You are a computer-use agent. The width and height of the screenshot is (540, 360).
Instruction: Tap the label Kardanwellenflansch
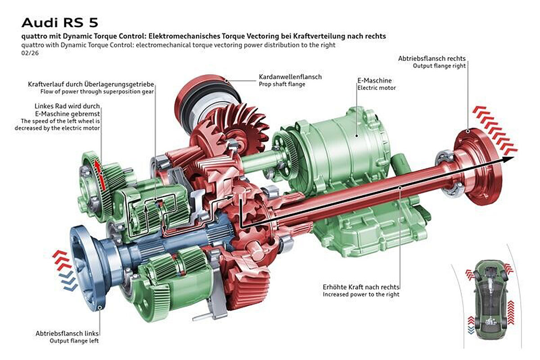pyautogui.click(x=290, y=77)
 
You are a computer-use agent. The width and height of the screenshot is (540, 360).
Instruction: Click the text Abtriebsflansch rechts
pyautogui.click(x=432, y=58)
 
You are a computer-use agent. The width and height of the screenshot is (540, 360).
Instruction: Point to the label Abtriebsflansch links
pyautogui.click(x=67, y=333)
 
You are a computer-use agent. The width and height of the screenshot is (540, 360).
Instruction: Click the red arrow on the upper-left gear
pyautogui.click(x=100, y=175)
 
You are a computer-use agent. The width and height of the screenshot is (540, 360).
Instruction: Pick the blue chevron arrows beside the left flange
pyautogui.click(x=67, y=281)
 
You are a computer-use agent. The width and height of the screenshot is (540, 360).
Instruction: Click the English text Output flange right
pyautogui.click(x=439, y=66)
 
